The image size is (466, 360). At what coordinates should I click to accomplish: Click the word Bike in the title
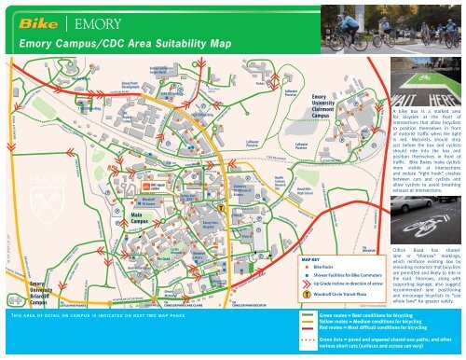click(x=39, y=18)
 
